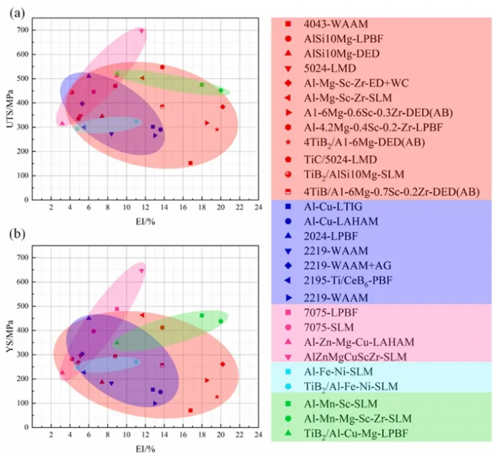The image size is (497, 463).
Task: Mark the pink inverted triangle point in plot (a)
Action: pyautogui.click(x=141, y=31)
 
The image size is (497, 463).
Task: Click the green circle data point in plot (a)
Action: pyautogui.click(x=221, y=90)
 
